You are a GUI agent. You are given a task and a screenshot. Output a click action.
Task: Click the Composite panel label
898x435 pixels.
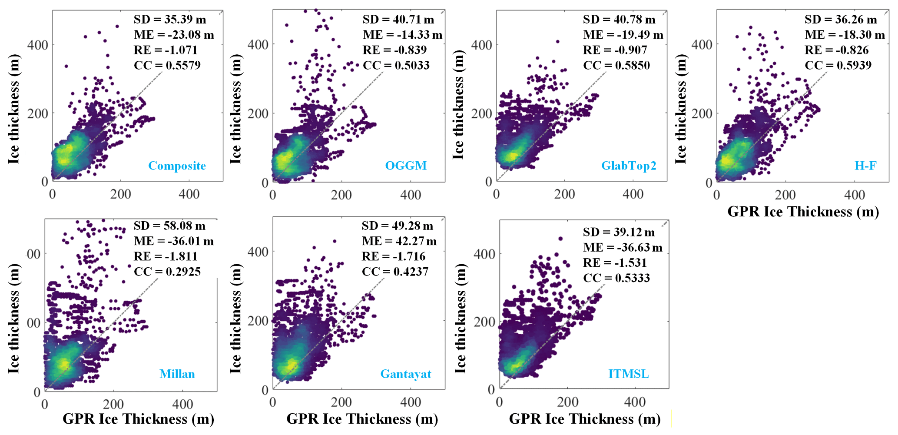(177, 166)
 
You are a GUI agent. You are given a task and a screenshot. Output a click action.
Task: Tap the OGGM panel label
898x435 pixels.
(406, 166)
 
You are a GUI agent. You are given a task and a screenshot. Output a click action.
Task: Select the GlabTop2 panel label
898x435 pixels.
(629, 166)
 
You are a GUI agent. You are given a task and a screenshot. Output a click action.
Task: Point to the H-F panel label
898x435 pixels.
(865, 166)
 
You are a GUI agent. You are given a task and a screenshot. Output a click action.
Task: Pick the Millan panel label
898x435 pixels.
(177, 374)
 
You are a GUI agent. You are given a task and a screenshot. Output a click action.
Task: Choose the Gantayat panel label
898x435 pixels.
(406, 374)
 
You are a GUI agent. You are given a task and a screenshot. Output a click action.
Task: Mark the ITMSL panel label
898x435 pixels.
(628, 374)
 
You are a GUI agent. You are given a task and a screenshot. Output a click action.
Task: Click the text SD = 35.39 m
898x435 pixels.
(170, 20)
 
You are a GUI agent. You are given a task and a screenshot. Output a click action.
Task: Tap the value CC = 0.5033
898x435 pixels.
(396, 65)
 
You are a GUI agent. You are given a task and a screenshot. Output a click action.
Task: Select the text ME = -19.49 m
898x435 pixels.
(623, 35)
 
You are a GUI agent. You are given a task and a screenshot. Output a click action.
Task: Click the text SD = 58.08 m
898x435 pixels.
(169, 226)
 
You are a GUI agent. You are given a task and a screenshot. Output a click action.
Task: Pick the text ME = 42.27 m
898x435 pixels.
(399, 241)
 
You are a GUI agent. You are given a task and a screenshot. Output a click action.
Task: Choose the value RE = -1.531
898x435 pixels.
(615, 262)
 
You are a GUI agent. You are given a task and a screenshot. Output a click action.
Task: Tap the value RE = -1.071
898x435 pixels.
(166, 50)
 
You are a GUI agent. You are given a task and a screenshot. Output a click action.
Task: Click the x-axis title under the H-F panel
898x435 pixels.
(803, 212)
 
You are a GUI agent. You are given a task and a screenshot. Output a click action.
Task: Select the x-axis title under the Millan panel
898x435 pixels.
(139, 419)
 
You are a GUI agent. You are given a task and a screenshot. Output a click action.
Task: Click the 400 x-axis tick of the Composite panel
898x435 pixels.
(189, 194)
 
